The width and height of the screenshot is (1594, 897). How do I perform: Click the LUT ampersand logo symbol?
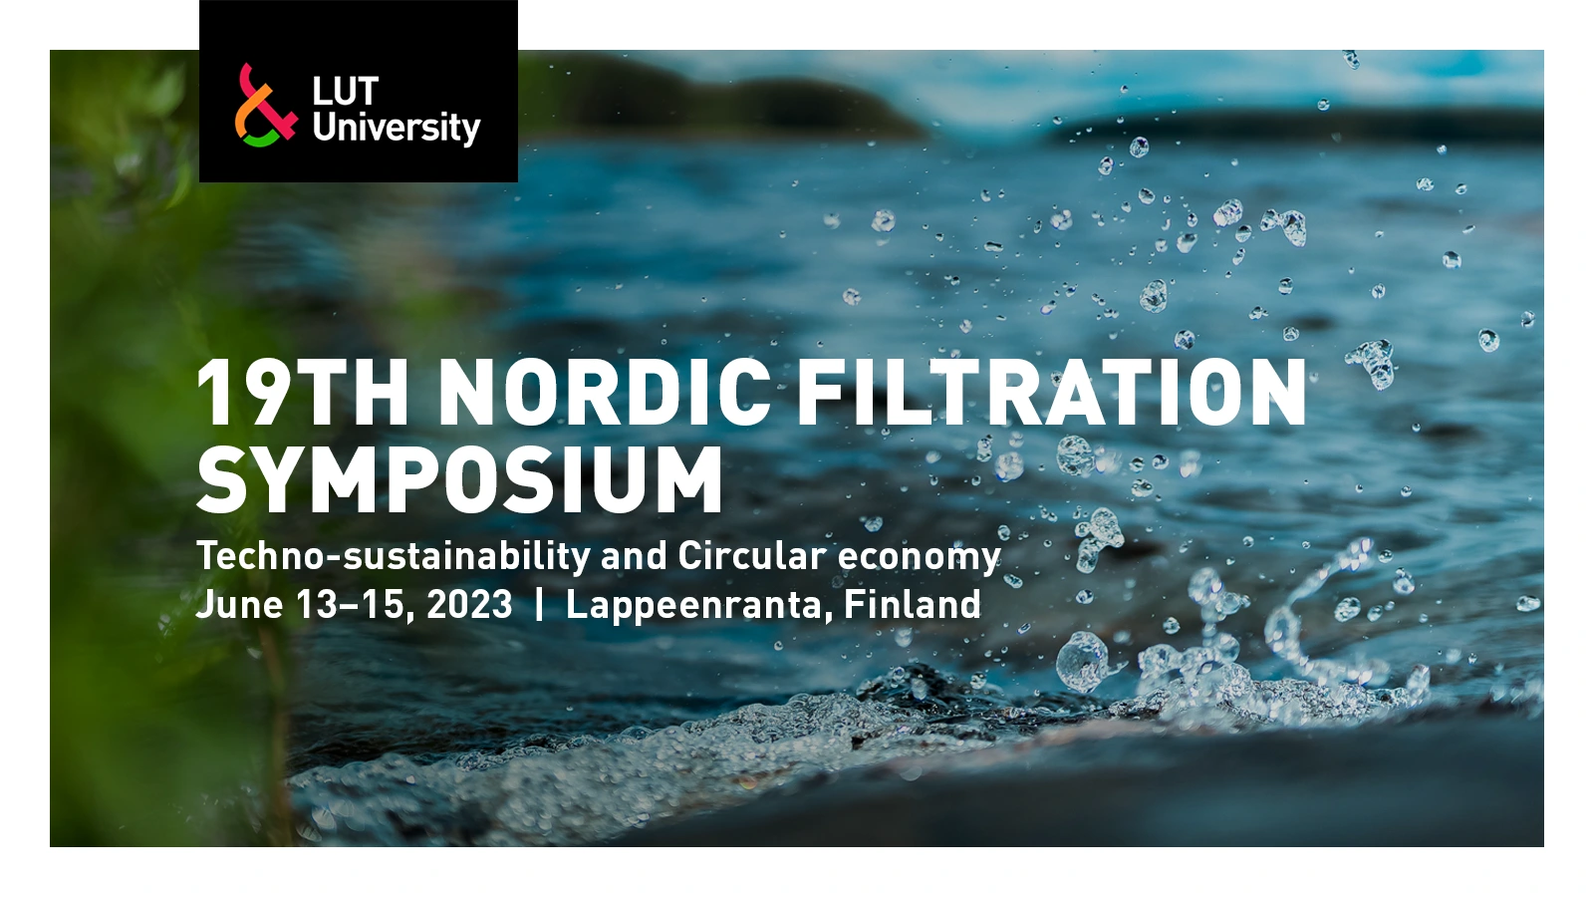(265, 106)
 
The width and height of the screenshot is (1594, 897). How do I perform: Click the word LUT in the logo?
(345, 92)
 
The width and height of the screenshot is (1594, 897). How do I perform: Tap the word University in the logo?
(397, 129)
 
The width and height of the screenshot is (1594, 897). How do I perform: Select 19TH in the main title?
(303, 393)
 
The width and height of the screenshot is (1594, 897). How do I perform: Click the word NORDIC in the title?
(605, 393)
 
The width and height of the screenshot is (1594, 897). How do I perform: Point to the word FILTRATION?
(1052, 393)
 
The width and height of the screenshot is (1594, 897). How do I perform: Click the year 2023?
(469, 605)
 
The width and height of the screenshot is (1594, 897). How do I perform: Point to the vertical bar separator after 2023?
(539, 605)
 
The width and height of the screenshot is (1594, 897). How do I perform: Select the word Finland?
(913, 604)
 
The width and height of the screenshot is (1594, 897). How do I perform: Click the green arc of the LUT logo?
(260, 141)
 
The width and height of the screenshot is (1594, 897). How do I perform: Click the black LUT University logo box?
(359, 91)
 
